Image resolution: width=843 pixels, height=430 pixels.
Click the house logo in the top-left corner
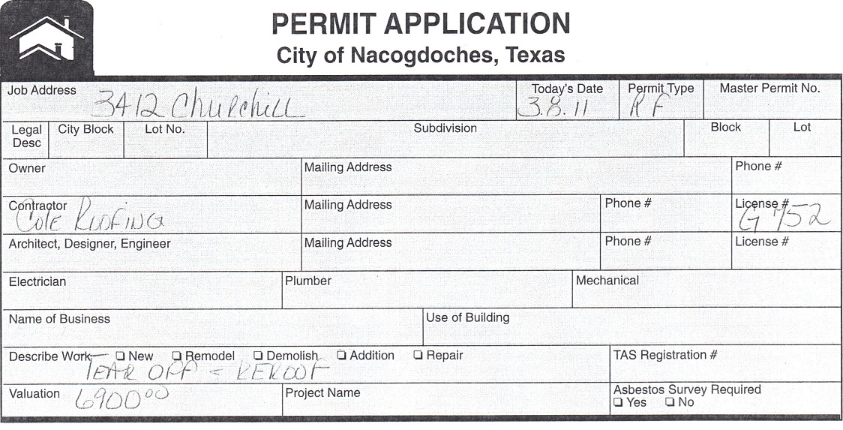click(46, 38)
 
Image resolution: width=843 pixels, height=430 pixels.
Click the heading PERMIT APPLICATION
click(421, 23)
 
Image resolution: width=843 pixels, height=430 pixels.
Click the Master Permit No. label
click(769, 89)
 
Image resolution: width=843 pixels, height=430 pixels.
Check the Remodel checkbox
click(177, 356)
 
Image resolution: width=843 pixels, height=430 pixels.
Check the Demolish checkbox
click(258, 356)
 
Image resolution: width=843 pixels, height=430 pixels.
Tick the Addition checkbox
click(341, 356)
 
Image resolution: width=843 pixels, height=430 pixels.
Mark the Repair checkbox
click(418, 356)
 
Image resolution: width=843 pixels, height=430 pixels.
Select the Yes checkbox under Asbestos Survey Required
click(618, 402)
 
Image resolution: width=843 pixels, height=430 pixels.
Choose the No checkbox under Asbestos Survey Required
click(669, 402)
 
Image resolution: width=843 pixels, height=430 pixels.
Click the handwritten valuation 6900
click(121, 398)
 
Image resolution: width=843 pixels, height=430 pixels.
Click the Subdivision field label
click(445, 128)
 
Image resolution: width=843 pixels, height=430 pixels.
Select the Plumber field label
click(307, 281)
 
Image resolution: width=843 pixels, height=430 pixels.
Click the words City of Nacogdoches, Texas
click(421, 55)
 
